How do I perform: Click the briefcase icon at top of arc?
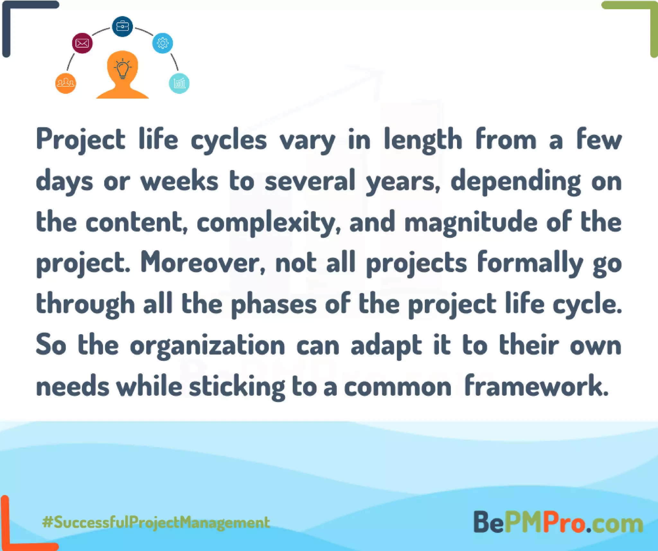click(122, 26)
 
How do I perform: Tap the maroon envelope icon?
click(82, 43)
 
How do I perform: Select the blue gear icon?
click(163, 43)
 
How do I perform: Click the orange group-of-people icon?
click(66, 83)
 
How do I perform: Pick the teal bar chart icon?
click(179, 83)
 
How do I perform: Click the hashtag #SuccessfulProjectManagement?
click(156, 522)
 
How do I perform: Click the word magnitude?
click(471, 222)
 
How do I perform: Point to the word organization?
click(207, 345)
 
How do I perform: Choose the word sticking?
click(237, 386)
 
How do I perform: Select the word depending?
click(516, 181)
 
